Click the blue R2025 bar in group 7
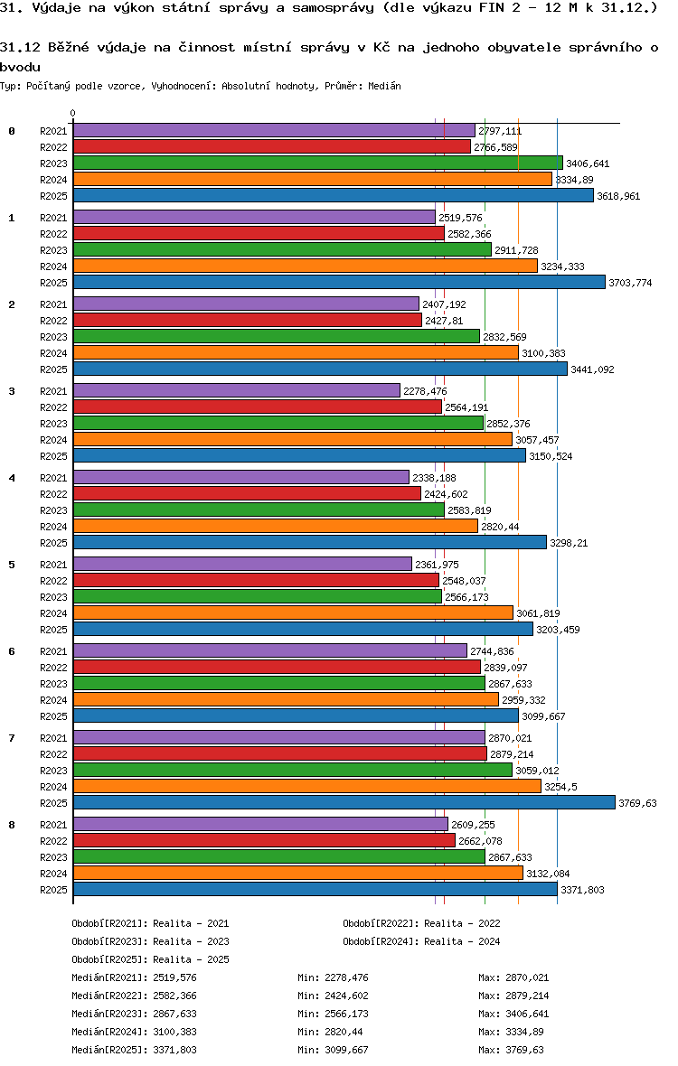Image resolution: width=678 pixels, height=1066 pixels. (344, 802)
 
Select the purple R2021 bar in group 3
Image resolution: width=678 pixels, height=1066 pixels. (236, 390)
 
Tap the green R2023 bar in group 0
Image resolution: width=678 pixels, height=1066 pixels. (317, 163)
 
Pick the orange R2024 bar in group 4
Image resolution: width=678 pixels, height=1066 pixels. (275, 526)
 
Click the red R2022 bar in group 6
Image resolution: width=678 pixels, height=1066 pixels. (277, 667)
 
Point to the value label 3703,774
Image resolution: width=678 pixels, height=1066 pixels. (630, 283)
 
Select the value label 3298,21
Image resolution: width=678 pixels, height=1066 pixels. (570, 543)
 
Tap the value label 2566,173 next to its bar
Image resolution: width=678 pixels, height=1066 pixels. (466, 597)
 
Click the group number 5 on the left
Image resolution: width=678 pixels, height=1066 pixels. (12, 565)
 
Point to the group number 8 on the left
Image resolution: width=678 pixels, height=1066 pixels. (12, 825)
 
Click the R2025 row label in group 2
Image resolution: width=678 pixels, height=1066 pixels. (53, 369)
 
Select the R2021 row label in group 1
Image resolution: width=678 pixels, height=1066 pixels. (53, 218)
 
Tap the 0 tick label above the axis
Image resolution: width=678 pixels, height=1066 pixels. (72, 113)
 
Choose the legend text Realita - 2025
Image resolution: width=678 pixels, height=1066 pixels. (191, 959)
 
